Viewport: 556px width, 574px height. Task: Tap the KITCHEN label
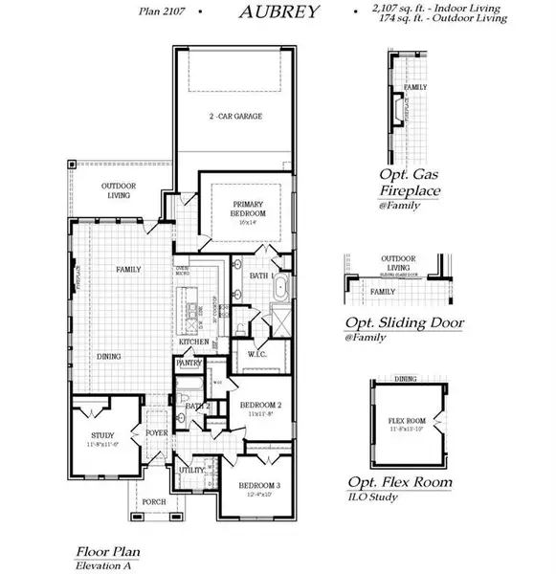(192, 342)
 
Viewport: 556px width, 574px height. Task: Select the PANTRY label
(189, 364)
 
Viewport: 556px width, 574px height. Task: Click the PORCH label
(153, 501)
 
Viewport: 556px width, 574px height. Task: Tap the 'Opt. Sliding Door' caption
(404, 322)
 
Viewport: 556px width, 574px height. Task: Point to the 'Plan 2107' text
(161, 11)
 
